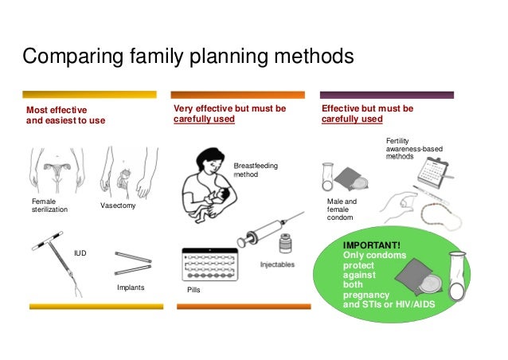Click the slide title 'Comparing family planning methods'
[187, 57]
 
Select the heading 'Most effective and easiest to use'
[65, 115]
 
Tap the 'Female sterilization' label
[49, 205]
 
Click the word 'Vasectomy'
[118, 206]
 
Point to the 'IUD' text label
[80, 252]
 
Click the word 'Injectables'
[277, 264]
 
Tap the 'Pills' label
[193, 292]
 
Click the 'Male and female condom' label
[342, 209]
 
